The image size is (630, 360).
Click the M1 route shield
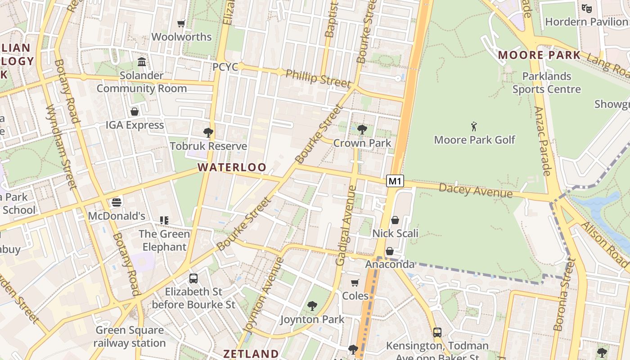(x=395, y=181)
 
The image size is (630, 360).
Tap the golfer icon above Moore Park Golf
(x=474, y=126)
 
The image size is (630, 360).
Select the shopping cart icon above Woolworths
(x=181, y=23)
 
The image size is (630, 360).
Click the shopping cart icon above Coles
(x=355, y=283)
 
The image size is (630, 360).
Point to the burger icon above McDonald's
(x=117, y=202)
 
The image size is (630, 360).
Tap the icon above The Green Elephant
(x=164, y=220)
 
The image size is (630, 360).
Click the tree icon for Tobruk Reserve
(x=208, y=132)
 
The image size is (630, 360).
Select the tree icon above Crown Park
(x=362, y=130)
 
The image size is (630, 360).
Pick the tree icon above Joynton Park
(x=312, y=306)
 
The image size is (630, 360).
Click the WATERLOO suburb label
(x=232, y=167)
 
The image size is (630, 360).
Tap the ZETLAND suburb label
(x=251, y=354)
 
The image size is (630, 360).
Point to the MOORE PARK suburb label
(x=540, y=55)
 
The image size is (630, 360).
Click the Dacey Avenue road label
(x=476, y=190)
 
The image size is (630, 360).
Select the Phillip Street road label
(x=318, y=78)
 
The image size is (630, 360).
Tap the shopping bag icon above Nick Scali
(x=395, y=220)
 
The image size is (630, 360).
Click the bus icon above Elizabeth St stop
(x=193, y=278)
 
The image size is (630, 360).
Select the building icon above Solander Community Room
(x=142, y=62)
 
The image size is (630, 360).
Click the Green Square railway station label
(x=130, y=337)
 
